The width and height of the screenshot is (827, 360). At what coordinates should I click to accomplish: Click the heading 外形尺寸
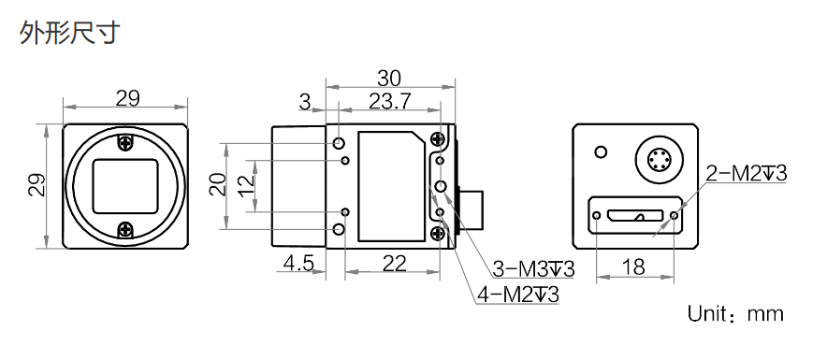click(70, 33)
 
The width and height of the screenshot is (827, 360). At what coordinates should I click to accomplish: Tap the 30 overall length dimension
click(389, 79)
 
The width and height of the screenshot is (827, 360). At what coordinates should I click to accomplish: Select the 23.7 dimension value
click(389, 102)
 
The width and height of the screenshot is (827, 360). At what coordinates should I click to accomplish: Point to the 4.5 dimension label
click(298, 263)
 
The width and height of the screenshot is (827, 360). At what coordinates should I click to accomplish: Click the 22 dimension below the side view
click(394, 263)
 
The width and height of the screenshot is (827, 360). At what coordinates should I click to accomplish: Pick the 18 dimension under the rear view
click(634, 267)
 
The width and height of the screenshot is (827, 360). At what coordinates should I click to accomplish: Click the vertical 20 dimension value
click(218, 185)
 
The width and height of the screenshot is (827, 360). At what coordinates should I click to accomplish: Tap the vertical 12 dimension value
click(246, 185)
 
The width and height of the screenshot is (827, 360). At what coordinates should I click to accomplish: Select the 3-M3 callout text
click(533, 269)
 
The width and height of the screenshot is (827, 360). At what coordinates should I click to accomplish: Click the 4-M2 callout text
click(518, 295)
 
